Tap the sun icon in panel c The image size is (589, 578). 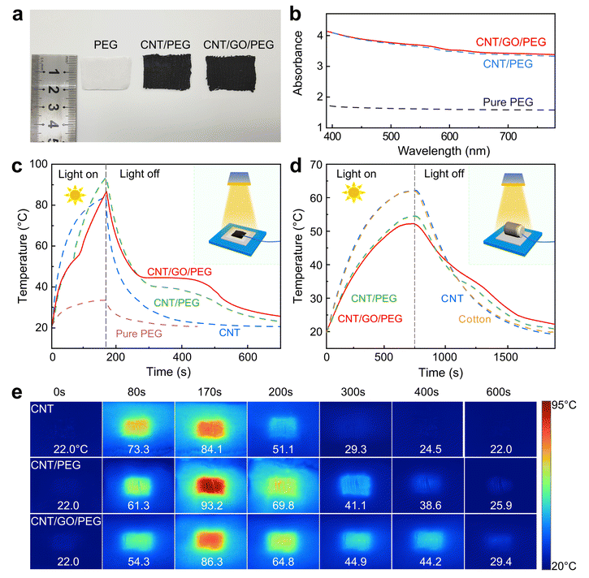click(x=72, y=195)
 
